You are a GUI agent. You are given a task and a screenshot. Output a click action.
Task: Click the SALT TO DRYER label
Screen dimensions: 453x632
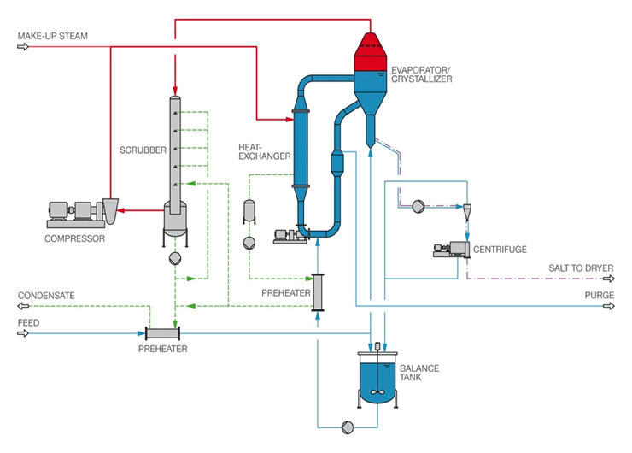[580, 268]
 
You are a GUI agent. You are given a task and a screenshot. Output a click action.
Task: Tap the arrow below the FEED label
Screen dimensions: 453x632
[22, 333]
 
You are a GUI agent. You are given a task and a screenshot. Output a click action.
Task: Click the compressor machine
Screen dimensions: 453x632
[81, 214]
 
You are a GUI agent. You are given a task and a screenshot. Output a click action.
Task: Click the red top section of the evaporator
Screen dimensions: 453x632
[372, 53]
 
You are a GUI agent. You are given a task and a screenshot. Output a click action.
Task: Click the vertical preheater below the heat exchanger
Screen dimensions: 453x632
[318, 292]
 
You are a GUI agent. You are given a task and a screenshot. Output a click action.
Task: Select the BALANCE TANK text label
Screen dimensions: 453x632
[419, 374]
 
